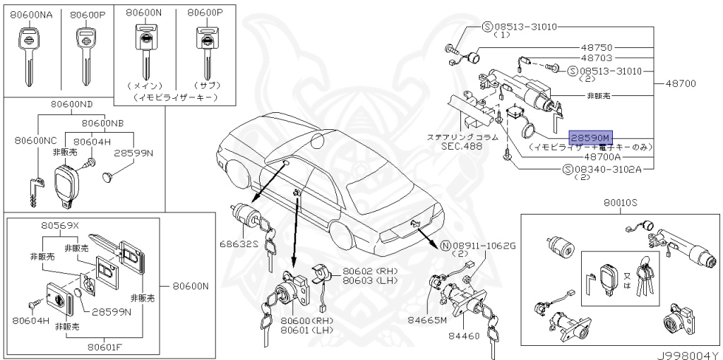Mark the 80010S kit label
tap(620, 203)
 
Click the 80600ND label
tap(71, 104)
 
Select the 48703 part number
tap(596, 58)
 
